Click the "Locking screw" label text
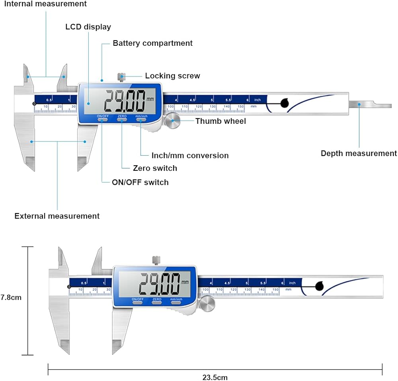pyautogui.click(x=172, y=76)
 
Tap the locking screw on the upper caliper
pyautogui.click(x=121, y=77)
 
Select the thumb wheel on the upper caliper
pyautogui.click(x=172, y=120)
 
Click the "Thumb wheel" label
pyautogui.click(x=220, y=121)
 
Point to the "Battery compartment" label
pyautogui.click(x=152, y=43)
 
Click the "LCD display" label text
pyautogui.click(x=88, y=27)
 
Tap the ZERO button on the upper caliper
pyautogui.click(x=122, y=119)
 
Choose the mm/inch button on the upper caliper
pyautogui.click(x=141, y=119)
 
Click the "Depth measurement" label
pyautogui.click(x=359, y=153)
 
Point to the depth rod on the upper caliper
pyautogui.click(x=370, y=105)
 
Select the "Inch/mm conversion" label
pyautogui.click(x=190, y=155)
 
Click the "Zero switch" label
pyautogui.click(x=155, y=168)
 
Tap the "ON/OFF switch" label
pyautogui.click(x=140, y=182)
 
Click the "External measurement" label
pyautogui.click(x=57, y=216)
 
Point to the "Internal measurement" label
pyautogui.click(x=45, y=4)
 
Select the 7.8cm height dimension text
pyautogui.click(x=11, y=297)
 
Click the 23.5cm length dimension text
pyautogui.click(x=215, y=377)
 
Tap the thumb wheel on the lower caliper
pyautogui.click(x=207, y=304)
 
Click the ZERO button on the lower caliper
pyautogui.click(x=157, y=302)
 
